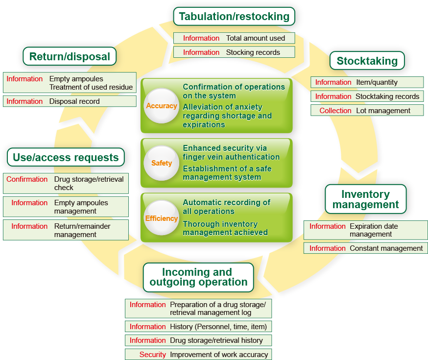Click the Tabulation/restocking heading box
click(x=234, y=17)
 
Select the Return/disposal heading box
click(x=70, y=57)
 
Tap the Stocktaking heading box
click(x=367, y=61)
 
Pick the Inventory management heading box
click(x=365, y=199)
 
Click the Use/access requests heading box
click(x=66, y=158)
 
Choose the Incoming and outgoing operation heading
click(x=198, y=277)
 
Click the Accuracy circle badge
click(x=161, y=106)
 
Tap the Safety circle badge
click(x=161, y=163)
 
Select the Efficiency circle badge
click(x=161, y=218)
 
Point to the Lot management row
click(x=367, y=111)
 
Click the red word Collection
click(x=335, y=111)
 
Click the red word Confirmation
click(x=27, y=179)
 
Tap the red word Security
click(x=152, y=355)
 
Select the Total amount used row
click(x=234, y=38)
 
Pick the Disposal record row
click(x=70, y=101)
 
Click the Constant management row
click(x=365, y=248)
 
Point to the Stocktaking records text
click(x=387, y=96)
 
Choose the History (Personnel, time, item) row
click(x=198, y=327)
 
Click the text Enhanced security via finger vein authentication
click(x=231, y=152)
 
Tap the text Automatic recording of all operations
click(x=226, y=207)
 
